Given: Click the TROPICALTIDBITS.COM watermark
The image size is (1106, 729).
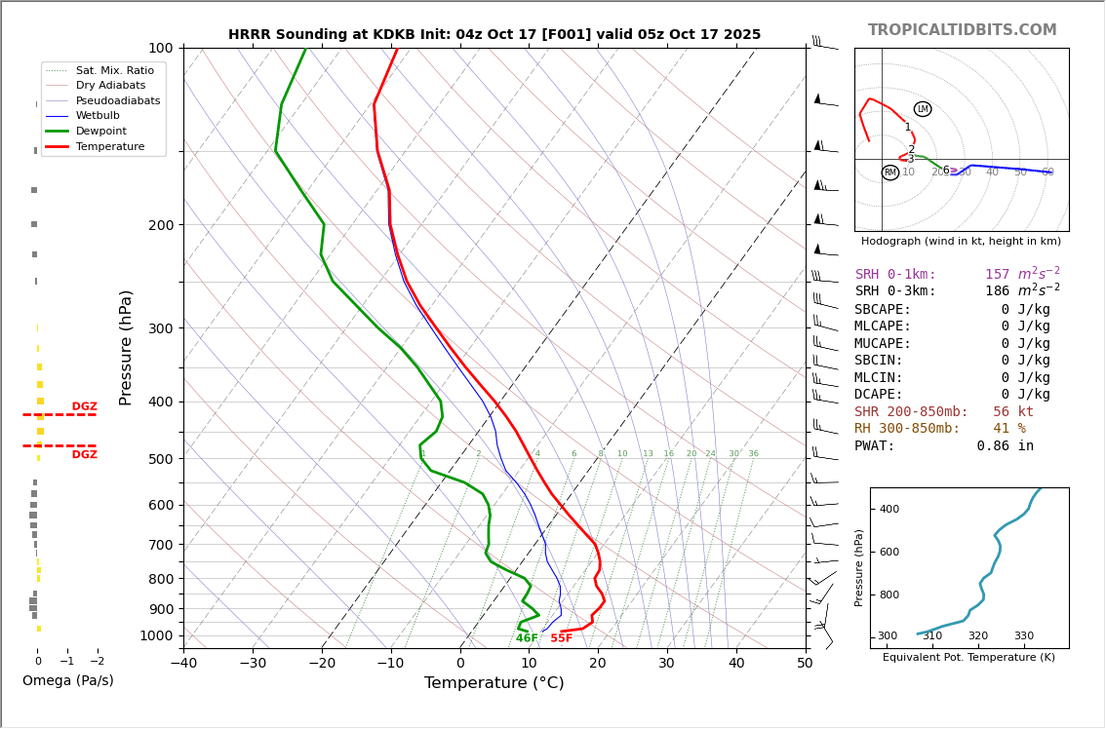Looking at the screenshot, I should [962, 30].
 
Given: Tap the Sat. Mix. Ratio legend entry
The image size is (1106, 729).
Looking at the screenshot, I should [114, 70].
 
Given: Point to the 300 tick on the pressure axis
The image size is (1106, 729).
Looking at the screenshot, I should [160, 328].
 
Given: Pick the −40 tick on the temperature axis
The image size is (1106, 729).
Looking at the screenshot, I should [183, 664].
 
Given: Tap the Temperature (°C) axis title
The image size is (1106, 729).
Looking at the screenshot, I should [494, 683].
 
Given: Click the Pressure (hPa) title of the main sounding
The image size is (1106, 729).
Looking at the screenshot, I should [126, 347].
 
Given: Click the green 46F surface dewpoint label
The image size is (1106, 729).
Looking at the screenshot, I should [527, 638].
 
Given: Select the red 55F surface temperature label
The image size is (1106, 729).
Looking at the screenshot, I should [561, 638].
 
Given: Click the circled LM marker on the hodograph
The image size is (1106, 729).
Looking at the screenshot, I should [922, 109].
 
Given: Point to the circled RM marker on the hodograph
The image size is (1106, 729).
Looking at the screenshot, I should [889, 173].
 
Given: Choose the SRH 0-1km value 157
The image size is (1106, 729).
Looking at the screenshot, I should [998, 275].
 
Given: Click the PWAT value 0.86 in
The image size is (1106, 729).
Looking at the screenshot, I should [1005, 446].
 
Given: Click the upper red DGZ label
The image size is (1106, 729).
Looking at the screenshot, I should [84, 406].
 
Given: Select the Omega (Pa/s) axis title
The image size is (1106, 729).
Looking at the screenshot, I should [67, 680].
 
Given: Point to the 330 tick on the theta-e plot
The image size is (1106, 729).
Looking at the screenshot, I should [1023, 636].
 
